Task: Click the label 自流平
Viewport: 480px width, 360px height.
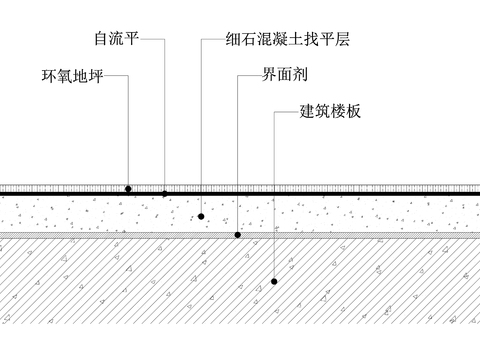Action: coord(114,42)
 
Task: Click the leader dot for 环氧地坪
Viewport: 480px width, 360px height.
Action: coord(128,188)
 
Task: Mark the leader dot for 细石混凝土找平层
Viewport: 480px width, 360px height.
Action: coord(201,215)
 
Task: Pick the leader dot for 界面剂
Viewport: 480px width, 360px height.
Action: coord(237,235)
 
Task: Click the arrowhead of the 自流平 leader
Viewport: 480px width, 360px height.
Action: coord(164,191)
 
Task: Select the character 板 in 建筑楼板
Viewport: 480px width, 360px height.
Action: coord(352,111)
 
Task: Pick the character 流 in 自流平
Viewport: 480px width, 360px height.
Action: coord(114,42)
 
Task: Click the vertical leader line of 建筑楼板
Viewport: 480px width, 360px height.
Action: coord(274,200)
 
